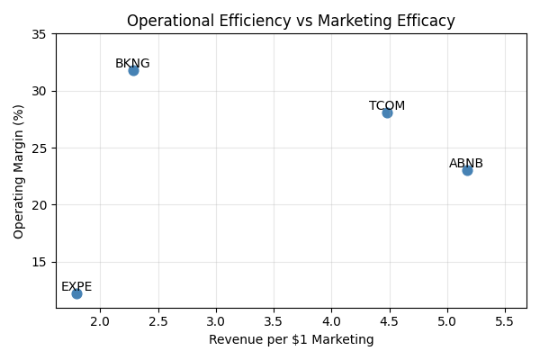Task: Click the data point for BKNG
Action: click(x=133, y=70)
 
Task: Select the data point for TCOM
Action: click(x=387, y=112)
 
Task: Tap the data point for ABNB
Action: click(x=467, y=170)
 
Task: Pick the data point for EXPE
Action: click(x=76, y=293)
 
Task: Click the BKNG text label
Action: click(x=132, y=64)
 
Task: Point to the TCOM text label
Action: click(x=387, y=106)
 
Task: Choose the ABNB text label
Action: click(x=466, y=164)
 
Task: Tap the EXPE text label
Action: click(x=76, y=287)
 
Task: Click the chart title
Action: click(x=291, y=21)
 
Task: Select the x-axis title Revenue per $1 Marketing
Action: click(x=291, y=340)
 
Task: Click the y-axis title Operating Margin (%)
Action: click(x=20, y=171)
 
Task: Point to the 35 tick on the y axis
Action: click(x=42, y=34)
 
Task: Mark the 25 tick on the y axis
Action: click(x=42, y=148)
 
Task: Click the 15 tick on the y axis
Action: click(x=42, y=262)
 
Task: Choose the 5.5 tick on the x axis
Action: click(x=505, y=321)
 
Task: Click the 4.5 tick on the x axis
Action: click(x=390, y=321)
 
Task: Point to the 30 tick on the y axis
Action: click(x=42, y=91)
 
